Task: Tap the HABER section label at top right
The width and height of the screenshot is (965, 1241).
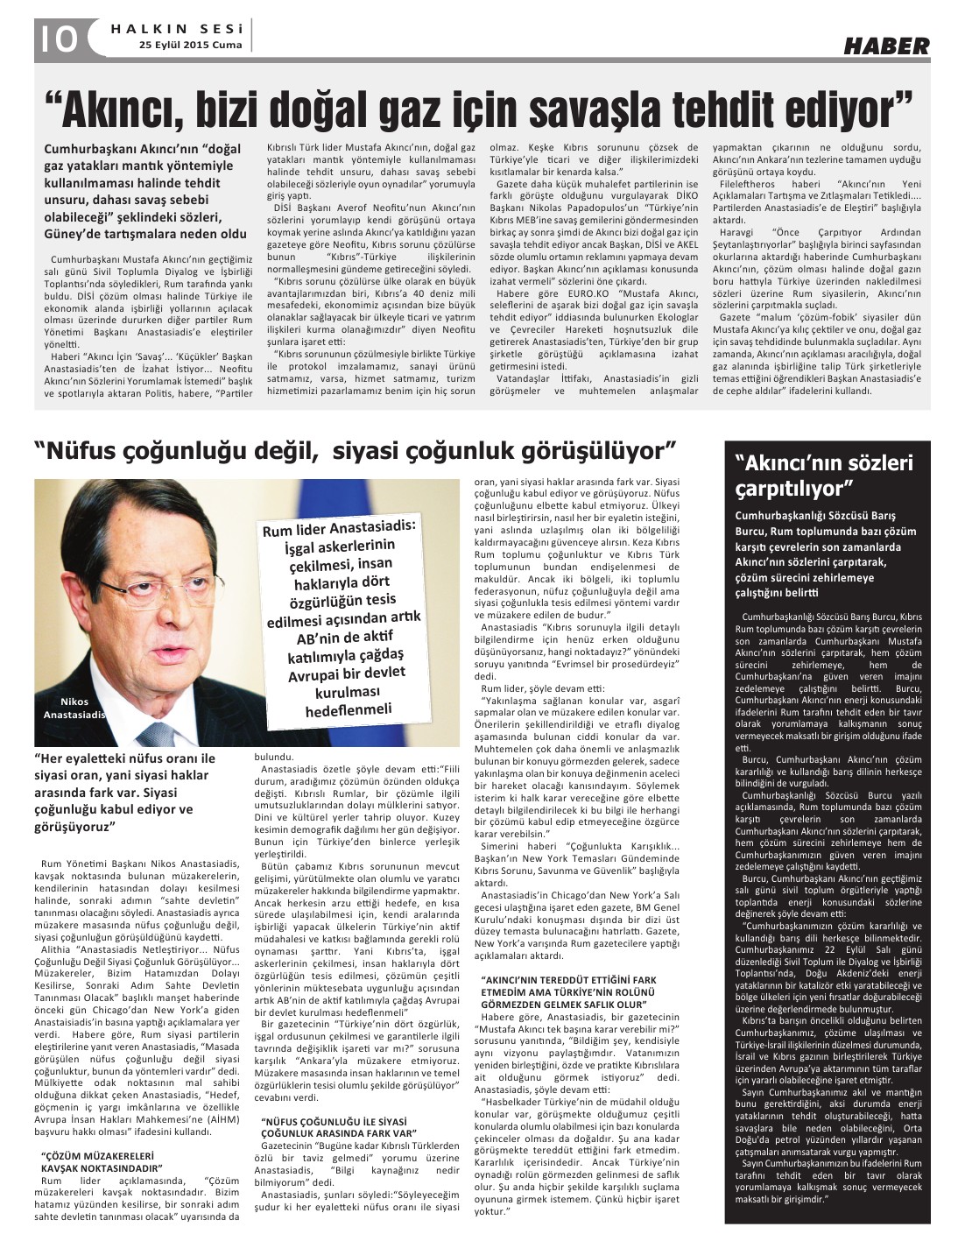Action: [886, 46]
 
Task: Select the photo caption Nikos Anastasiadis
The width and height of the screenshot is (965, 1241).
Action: [74, 708]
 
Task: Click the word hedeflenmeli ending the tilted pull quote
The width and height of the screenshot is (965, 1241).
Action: [349, 710]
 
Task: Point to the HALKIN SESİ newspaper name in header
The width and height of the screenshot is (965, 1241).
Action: [180, 27]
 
